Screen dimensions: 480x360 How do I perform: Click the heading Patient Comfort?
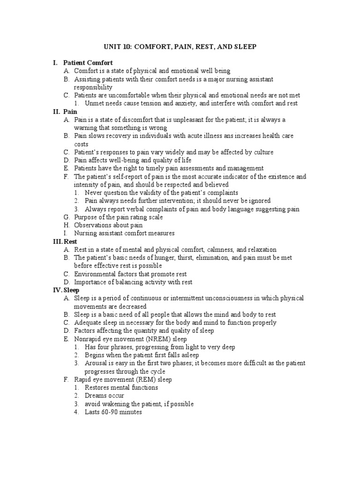click(88, 63)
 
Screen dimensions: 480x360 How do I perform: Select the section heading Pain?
click(70, 112)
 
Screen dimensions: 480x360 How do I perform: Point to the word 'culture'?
click(262, 152)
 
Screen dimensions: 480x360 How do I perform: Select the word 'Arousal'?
click(96, 363)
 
